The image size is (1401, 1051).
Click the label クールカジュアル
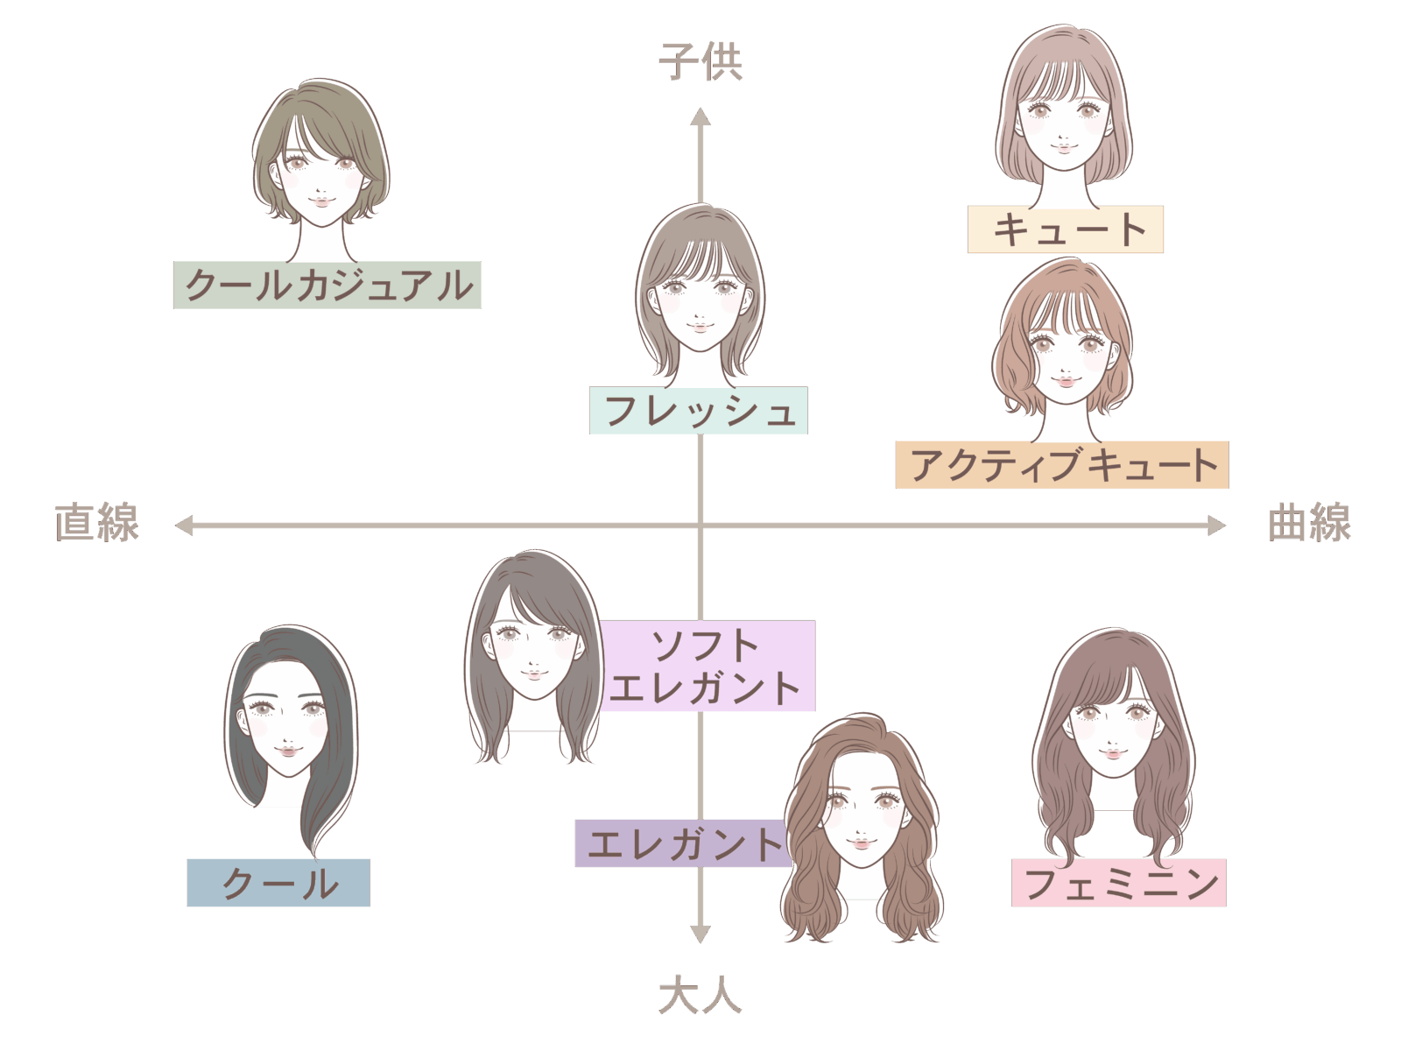(327, 285)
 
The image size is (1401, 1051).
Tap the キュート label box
(1065, 229)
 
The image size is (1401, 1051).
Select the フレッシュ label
(698, 411)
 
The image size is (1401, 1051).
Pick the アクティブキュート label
(1061, 464)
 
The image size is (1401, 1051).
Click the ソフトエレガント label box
(708, 667)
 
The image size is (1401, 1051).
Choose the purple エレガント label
(681, 843)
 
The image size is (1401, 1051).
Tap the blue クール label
(278, 883)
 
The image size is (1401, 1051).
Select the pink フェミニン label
(1118, 883)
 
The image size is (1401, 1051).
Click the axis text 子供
(700, 62)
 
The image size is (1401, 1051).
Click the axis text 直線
(96, 523)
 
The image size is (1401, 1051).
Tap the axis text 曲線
(1309, 523)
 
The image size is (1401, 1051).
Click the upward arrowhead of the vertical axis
(700, 116)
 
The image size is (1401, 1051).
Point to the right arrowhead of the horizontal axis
(1216, 525)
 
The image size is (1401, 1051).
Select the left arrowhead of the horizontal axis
(184, 525)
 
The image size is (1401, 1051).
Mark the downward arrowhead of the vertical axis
(700, 934)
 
